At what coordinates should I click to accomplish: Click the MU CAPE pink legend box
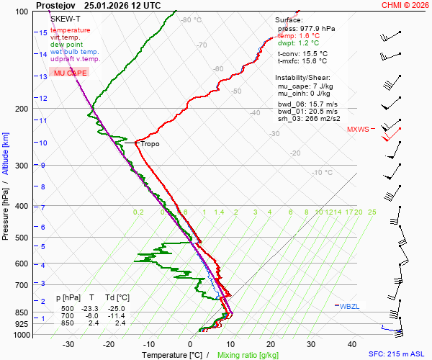click(x=70, y=73)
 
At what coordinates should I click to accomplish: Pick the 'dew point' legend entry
click(x=66, y=45)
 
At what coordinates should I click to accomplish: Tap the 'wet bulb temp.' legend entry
click(x=75, y=52)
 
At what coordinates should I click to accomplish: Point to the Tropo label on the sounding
click(x=150, y=144)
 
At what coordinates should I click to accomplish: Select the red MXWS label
click(x=357, y=130)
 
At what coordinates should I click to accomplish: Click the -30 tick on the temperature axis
click(x=68, y=344)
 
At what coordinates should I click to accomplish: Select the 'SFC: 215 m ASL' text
click(x=397, y=354)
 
